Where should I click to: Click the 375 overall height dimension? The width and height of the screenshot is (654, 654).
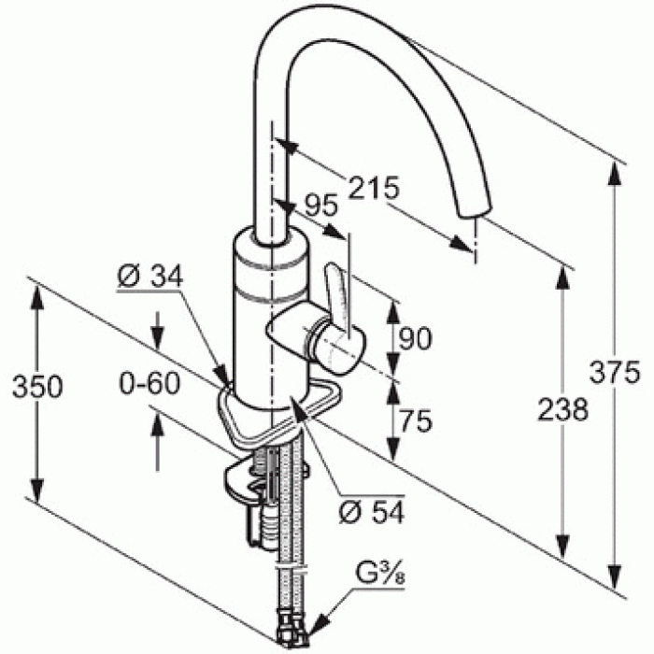click(x=615, y=372)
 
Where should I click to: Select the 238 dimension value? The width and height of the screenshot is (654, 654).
click(x=562, y=409)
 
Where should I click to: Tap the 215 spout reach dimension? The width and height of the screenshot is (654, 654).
click(x=374, y=187)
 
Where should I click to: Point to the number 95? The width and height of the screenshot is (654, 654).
click(x=320, y=206)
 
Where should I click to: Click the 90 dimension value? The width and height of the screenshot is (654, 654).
click(x=415, y=338)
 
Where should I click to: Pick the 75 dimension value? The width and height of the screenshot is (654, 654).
click(x=416, y=420)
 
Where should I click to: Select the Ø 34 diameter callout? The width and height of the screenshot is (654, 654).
click(x=149, y=276)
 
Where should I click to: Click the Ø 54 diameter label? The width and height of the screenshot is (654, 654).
click(x=371, y=512)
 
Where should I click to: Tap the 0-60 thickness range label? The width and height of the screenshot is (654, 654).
click(x=149, y=384)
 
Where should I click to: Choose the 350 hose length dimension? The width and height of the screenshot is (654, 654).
click(x=37, y=387)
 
